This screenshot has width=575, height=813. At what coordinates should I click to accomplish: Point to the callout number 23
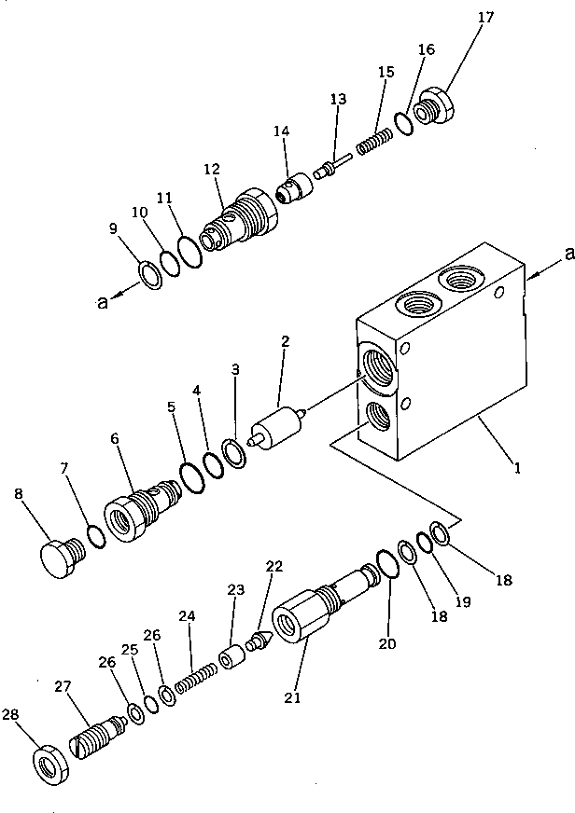pos(235,589)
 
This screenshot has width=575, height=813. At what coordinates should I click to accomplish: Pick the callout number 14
pos(281,132)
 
